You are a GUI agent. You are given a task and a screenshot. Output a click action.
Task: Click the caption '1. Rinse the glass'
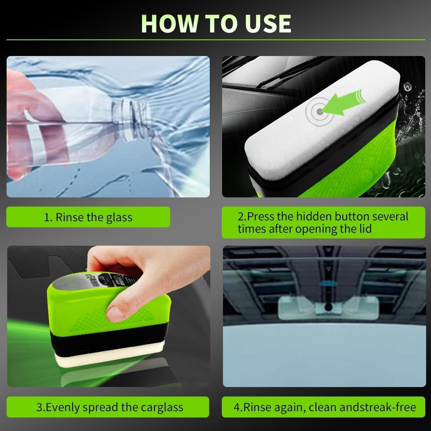coord(88,217)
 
